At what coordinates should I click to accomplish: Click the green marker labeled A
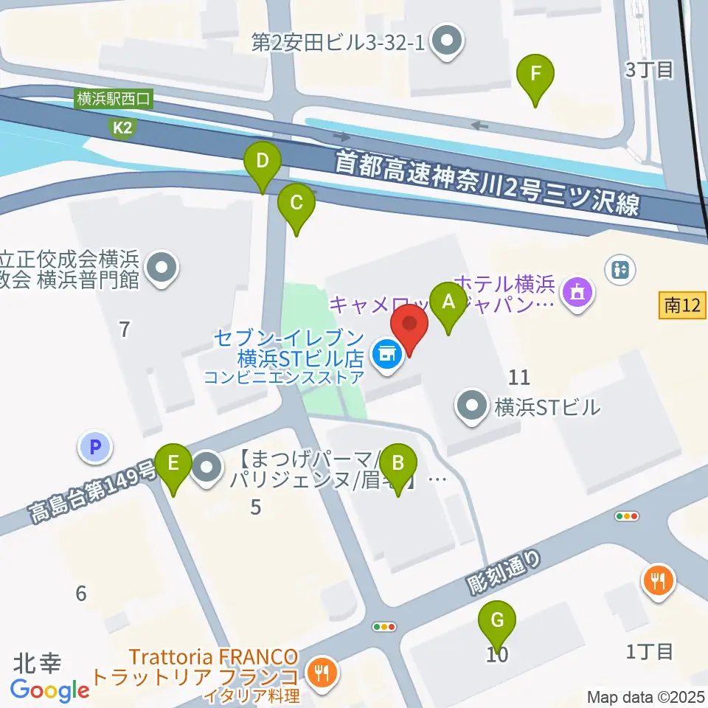tap(447, 302)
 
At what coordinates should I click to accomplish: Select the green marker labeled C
tap(296, 204)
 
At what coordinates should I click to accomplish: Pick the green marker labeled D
tap(263, 162)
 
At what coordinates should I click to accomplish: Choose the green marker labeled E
tap(173, 465)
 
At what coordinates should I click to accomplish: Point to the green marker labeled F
tap(536, 74)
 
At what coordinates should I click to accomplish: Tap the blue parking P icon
tap(94, 446)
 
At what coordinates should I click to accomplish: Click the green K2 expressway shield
tap(122, 128)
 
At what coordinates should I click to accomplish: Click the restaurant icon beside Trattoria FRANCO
tap(322, 672)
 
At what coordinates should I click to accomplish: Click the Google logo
tap(50, 690)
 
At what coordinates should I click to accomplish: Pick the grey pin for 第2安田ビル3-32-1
tap(445, 41)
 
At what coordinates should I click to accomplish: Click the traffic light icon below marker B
tap(385, 627)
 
